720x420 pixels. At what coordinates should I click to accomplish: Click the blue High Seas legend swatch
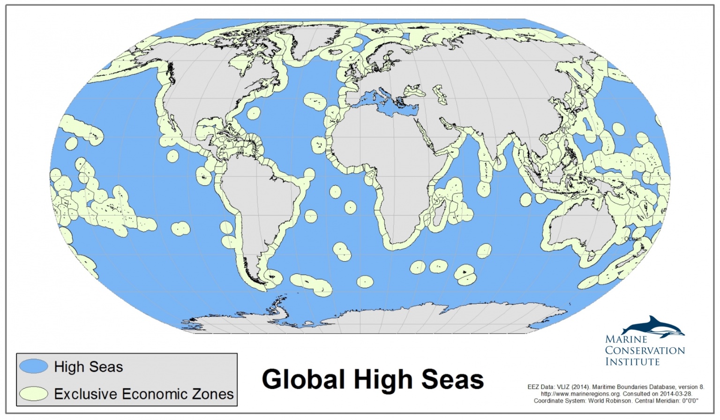click(x=34, y=366)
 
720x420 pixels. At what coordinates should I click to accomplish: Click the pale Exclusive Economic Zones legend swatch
click(x=34, y=394)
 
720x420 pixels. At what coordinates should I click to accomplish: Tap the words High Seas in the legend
click(x=89, y=367)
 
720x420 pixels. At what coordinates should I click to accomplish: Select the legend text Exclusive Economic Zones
click(x=143, y=394)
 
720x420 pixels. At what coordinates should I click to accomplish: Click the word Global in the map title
click(x=303, y=379)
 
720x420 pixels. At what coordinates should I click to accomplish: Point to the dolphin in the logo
click(x=654, y=327)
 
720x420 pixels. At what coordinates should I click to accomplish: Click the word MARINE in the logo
click(x=626, y=339)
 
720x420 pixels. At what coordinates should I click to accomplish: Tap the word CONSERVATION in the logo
click(x=645, y=351)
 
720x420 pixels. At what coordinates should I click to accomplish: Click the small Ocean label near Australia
click(x=632, y=239)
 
